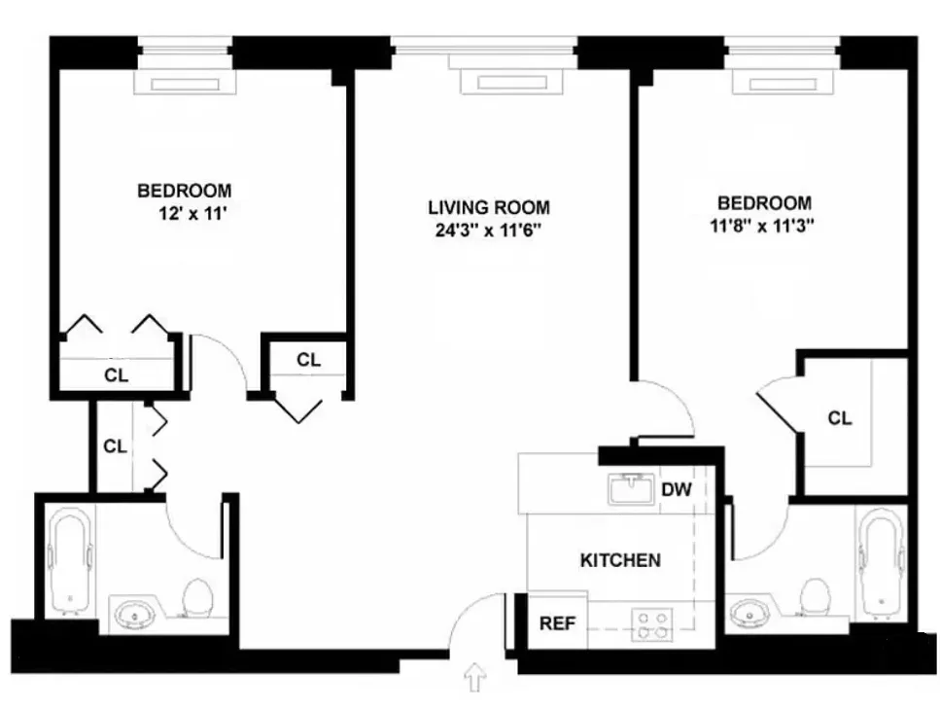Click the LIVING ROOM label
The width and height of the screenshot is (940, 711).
488,207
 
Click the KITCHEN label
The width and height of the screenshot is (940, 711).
620,560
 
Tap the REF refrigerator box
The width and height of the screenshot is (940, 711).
557,623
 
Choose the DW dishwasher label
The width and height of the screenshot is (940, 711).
677,489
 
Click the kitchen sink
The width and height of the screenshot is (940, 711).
634,488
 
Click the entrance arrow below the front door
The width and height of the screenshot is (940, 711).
475,677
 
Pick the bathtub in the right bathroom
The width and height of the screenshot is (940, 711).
882,562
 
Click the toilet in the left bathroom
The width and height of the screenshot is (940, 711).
198,598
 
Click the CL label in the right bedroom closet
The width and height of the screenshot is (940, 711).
840,418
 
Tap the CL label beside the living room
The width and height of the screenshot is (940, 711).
308,360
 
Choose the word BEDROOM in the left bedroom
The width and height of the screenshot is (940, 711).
184,191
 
